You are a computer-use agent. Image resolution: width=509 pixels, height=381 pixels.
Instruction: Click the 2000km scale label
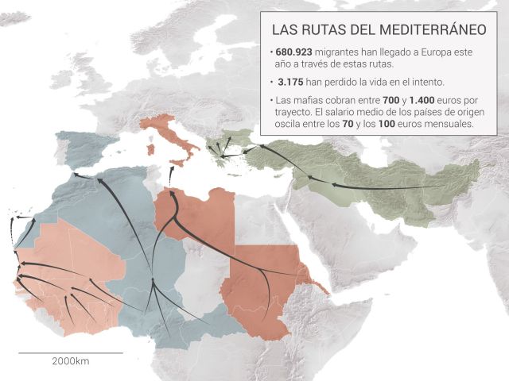click(71, 361)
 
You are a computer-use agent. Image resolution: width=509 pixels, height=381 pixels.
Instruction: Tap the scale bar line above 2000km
click(71, 352)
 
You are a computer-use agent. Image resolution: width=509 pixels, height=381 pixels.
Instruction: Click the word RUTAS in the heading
click(322, 30)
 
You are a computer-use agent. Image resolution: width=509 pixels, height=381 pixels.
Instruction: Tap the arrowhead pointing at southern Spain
click(76, 175)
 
